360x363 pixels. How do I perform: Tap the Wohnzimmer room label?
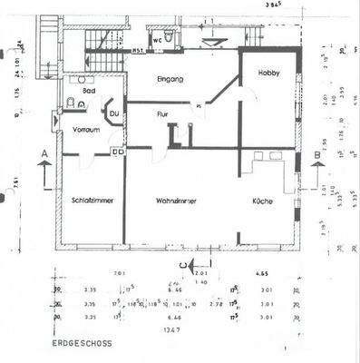[177, 200]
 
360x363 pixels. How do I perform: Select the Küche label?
[264, 200]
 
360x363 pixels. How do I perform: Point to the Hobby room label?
[269, 73]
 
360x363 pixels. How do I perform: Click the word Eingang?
[170, 79]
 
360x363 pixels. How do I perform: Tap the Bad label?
[88, 91]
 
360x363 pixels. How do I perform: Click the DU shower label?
[114, 113]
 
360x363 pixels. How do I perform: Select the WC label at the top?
[157, 40]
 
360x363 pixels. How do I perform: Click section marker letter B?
[315, 155]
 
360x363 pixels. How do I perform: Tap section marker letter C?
[182, 264]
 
